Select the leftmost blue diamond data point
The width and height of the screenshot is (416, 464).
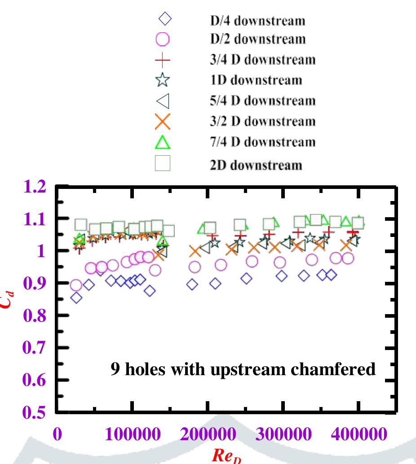point(76,298)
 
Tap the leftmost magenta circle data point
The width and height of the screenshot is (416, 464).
point(76,285)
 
